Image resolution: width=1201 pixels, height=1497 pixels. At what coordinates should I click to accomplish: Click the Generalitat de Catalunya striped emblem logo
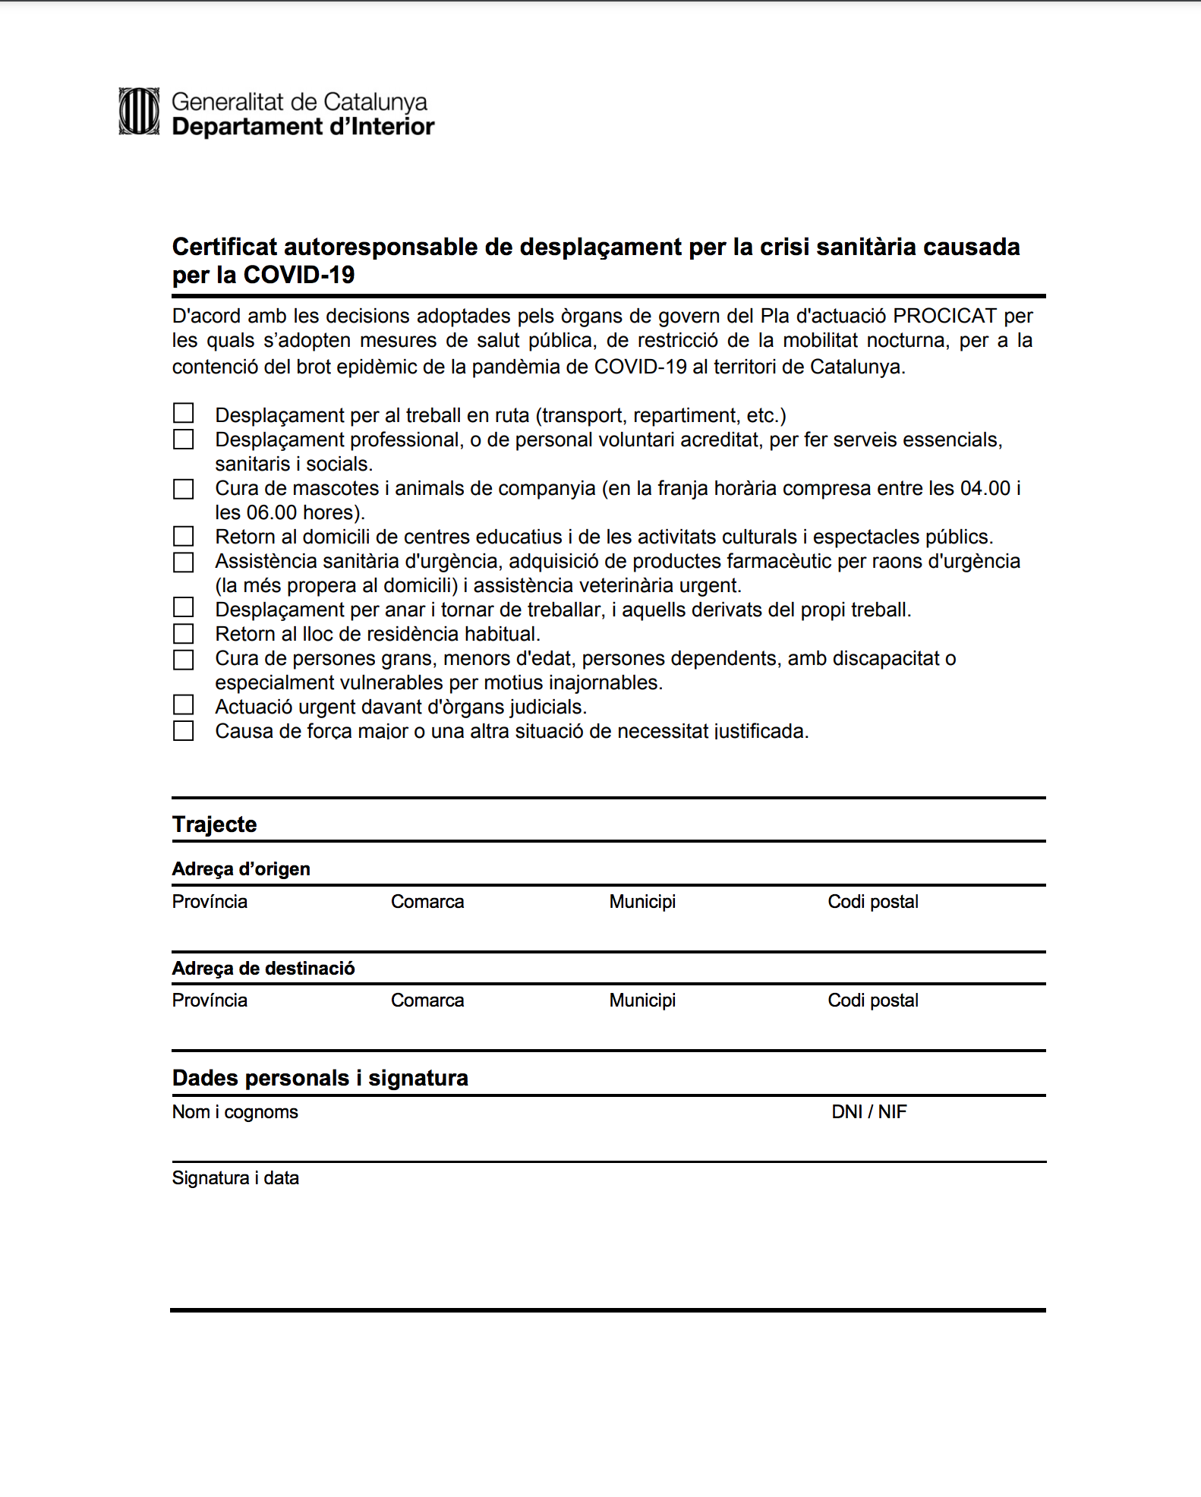point(139,112)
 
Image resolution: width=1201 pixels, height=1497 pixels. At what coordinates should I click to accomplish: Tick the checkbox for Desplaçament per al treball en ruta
point(184,413)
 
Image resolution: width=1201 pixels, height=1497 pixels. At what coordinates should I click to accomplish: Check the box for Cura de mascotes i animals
point(184,489)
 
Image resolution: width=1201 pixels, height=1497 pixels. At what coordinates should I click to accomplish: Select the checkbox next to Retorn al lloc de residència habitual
point(184,633)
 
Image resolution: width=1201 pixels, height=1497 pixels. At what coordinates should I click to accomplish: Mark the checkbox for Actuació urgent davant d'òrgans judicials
point(184,705)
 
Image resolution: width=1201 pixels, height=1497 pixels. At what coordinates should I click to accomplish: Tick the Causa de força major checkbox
point(184,731)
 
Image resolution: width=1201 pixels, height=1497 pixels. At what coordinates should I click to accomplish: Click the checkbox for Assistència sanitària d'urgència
point(184,563)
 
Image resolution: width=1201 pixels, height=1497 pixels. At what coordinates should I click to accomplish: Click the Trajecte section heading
point(214,824)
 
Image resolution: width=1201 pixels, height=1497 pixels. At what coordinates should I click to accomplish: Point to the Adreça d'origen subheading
point(241,869)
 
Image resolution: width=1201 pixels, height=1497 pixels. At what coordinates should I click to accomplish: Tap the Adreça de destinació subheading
point(263,969)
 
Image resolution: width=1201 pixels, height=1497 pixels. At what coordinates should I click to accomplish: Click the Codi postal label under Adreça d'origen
point(872,902)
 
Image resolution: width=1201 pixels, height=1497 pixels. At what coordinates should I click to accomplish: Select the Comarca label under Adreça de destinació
point(427,1001)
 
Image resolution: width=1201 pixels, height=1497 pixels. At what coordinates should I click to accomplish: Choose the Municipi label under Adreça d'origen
point(641,902)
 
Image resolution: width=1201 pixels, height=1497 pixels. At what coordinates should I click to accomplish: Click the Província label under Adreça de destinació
point(210,1001)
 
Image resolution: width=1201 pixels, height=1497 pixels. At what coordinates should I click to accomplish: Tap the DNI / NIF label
point(868,1112)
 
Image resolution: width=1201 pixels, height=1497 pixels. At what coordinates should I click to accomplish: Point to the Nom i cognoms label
point(235,1112)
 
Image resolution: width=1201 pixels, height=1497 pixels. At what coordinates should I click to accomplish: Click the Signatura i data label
point(235,1178)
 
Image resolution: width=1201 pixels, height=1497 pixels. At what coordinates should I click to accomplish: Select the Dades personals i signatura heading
point(320,1078)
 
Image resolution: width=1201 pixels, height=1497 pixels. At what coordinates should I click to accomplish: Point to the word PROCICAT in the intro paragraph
point(944,316)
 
